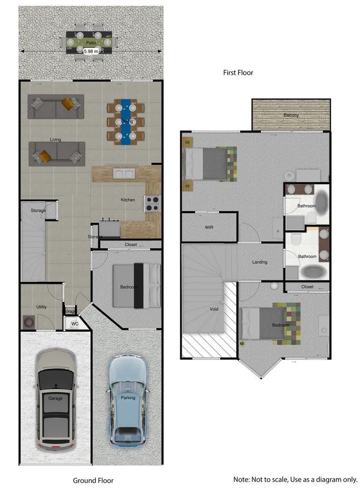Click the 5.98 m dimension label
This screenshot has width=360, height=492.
(91, 52)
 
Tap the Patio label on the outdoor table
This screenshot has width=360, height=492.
(91, 42)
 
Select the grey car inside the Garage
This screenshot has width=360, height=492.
(56, 398)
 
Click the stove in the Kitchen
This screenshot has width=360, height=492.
(152, 204)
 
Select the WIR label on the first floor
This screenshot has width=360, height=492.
(210, 227)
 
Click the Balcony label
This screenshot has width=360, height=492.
(291, 115)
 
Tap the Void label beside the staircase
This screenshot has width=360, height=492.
(214, 309)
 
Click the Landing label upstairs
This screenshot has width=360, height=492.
(260, 262)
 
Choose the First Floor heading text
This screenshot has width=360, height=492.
(238, 72)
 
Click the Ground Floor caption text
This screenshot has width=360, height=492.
(93, 480)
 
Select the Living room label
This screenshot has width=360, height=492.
(55, 139)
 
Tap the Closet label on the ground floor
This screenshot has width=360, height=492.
(131, 245)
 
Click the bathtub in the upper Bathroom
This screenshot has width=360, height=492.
(322, 203)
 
